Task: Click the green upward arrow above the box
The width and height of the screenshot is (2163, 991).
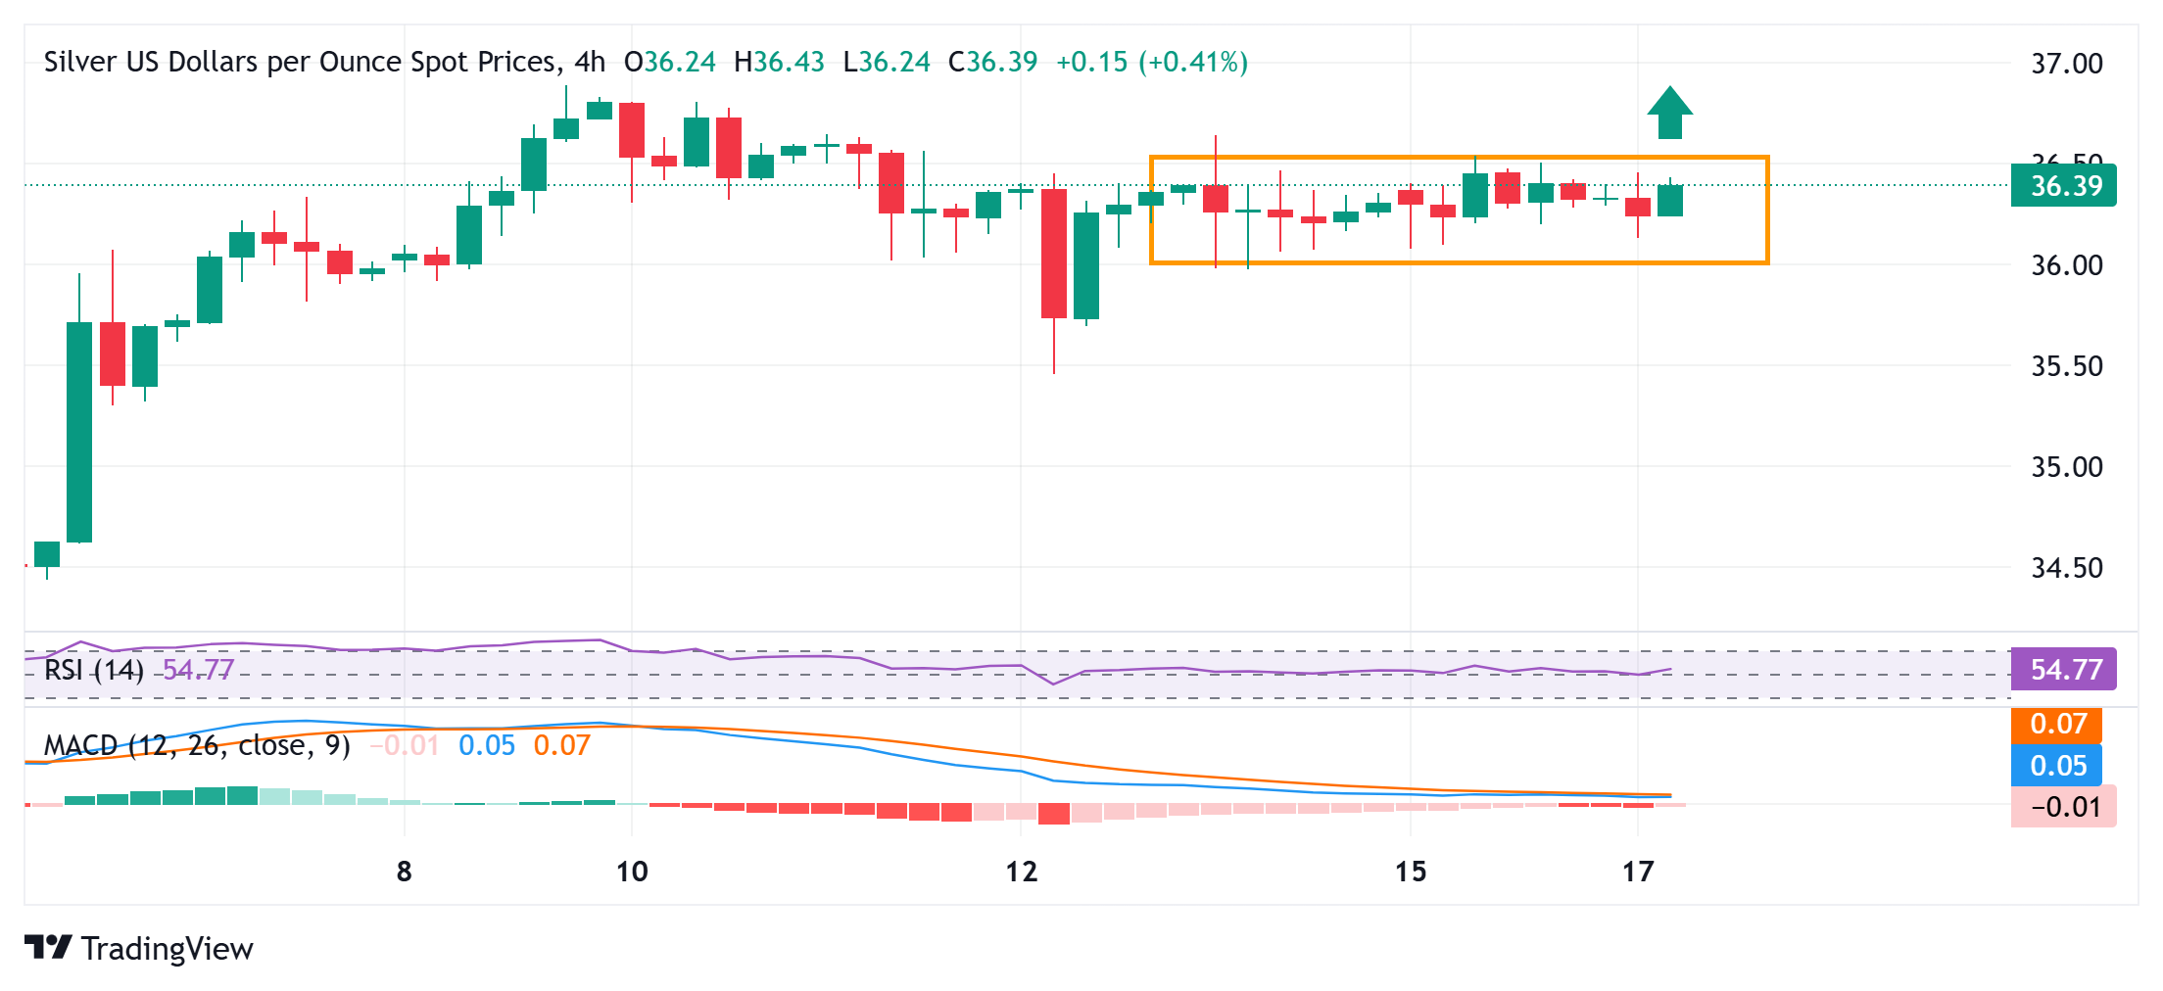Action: tap(1670, 113)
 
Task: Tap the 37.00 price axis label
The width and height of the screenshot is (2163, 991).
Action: tap(2067, 64)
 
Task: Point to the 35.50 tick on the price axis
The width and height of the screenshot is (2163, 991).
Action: tap(2067, 366)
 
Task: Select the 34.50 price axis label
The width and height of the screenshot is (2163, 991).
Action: tap(2067, 568)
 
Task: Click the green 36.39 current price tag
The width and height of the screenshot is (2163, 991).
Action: tap(2064, 186)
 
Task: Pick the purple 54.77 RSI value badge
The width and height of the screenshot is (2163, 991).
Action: tap(2064, 670)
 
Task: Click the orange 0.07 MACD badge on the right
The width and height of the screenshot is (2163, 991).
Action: tap(2057, 725)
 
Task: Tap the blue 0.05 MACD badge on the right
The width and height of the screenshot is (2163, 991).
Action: tap(2057, 766)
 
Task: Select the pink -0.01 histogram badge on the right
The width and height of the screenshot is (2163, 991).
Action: tap(2064, 807)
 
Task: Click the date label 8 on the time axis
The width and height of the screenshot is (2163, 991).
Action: tap(404, 872)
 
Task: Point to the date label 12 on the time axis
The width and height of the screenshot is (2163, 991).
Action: tap(1021, 872)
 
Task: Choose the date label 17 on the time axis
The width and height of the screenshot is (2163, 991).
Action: tap(1638, 872)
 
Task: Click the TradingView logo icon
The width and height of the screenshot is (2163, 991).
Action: tap(48, 947)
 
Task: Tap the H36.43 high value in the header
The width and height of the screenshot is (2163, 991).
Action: tap(779, 63)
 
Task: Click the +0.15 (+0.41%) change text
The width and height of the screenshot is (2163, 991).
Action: tap(1151, 63)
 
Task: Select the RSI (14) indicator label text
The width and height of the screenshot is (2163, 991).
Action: tap(94, 670)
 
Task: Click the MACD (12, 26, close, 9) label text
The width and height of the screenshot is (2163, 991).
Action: tap(197, 746)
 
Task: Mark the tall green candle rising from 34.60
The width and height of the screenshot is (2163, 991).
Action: tap(79, 431)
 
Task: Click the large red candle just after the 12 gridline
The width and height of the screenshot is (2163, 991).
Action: tap(1054, 253)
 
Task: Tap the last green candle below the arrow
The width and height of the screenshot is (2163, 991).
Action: tap(1670, 201)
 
